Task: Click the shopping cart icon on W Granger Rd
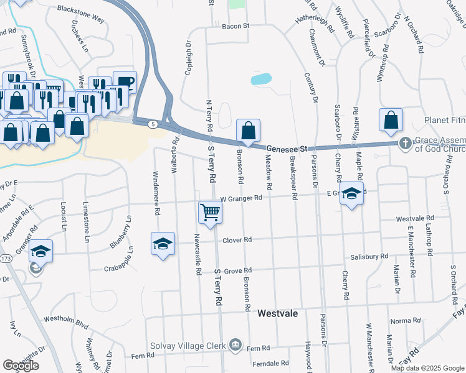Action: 211,212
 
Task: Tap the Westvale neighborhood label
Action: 278,314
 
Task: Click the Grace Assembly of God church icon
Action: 405,144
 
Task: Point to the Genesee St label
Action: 288,149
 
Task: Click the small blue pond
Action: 261,80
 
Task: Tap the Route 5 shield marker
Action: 153,124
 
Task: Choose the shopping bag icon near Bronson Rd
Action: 248,131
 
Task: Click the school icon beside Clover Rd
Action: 163,243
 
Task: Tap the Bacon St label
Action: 237,26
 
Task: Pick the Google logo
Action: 21,366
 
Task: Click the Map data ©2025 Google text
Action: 427,368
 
